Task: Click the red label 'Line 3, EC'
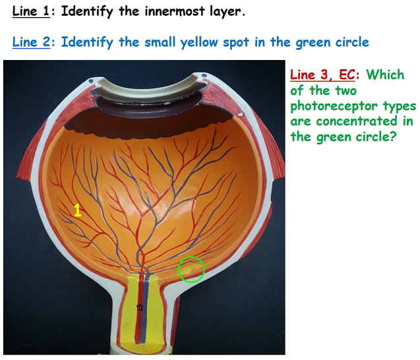322,75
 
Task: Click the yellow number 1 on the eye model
77,210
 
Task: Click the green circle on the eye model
192,270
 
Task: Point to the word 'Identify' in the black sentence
88,12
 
